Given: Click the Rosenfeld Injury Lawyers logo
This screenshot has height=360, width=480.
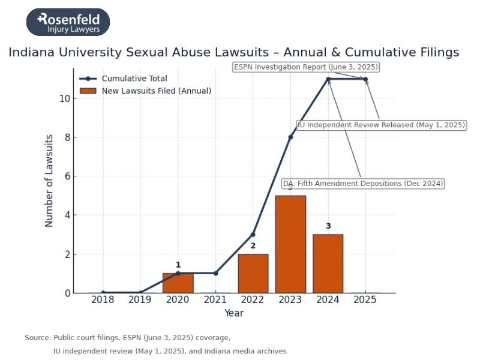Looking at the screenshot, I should (x=68, y=22).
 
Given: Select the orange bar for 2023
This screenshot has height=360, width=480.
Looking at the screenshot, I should (x=290, y=244).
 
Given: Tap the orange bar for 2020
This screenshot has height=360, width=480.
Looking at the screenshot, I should (x=178, y=283).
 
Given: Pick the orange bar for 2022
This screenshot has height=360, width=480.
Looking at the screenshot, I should (x=253, y=273).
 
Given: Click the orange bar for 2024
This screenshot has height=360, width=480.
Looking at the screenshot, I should (x=328, y=263).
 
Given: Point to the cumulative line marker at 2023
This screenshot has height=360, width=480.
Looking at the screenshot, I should (x=290, y=137).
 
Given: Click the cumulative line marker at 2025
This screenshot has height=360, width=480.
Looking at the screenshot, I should (x=365, y=79).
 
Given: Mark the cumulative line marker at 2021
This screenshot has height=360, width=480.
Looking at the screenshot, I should (x=215, y=273).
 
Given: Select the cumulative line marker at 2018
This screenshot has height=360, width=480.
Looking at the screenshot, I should (x=103, y=293).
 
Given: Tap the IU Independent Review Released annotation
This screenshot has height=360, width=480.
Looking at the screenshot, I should (x=382, y=125).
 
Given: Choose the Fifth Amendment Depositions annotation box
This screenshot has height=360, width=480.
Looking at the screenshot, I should (x=363, y=184).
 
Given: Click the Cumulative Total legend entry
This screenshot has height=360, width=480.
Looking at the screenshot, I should (x=134, y=79).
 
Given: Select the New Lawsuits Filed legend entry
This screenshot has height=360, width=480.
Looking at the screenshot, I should (x=156, y=91).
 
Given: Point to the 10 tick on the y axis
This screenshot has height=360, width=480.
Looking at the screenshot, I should (x=64, y=98).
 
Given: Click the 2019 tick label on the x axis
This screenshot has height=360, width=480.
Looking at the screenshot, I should (x=140, y=300).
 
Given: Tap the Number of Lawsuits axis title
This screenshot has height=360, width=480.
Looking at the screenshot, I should (x=50, y=181).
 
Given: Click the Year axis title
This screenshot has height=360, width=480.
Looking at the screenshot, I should (x=234, y=313).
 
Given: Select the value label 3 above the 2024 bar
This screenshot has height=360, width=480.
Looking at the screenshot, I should (x=328, y=226).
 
